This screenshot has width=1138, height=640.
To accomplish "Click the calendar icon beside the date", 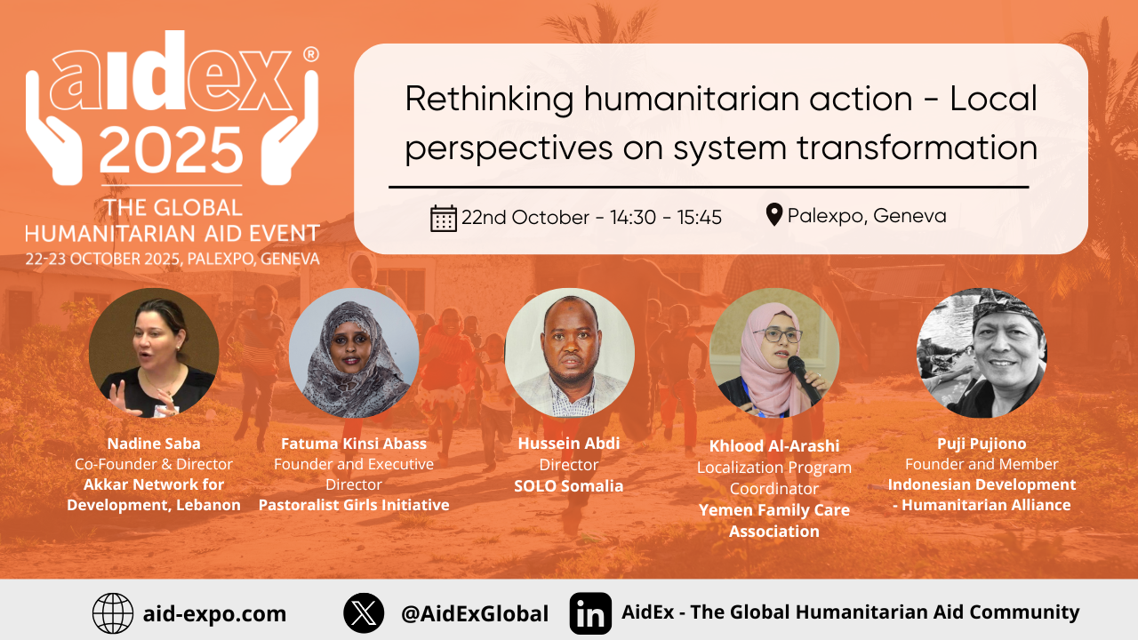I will tap(443, 218).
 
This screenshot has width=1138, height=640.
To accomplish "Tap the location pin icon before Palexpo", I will tap(774, 215).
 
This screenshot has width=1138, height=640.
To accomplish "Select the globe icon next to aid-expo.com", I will tap(113, 613).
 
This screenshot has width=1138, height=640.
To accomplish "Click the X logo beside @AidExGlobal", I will tap(364, 613).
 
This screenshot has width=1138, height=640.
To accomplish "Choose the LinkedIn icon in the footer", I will tap(590, 613).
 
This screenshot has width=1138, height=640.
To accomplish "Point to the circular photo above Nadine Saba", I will tap(154, 353).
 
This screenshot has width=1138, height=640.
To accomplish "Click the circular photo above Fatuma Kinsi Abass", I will tap(354, 353).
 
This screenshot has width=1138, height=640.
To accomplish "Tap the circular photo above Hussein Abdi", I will tap(569, 353).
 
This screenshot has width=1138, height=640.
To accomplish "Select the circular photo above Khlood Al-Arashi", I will tap(774, 353).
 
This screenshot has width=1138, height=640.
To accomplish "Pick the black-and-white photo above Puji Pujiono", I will tap(982, 353).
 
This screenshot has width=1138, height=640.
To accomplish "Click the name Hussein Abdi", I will tap(569, 444).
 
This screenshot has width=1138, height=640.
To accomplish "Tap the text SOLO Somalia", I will tap(569, 486).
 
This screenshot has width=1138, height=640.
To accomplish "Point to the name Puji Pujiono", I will tap(982, 443).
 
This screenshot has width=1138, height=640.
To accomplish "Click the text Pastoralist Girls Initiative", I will tap(354, 505).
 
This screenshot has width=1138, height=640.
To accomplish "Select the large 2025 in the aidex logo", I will tap(171, 150).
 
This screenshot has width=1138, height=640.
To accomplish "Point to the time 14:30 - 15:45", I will tap(666, 218).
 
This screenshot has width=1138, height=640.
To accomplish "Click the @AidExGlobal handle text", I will tap(474, 613).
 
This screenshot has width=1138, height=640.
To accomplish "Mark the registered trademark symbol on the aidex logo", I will tap(310, 54).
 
